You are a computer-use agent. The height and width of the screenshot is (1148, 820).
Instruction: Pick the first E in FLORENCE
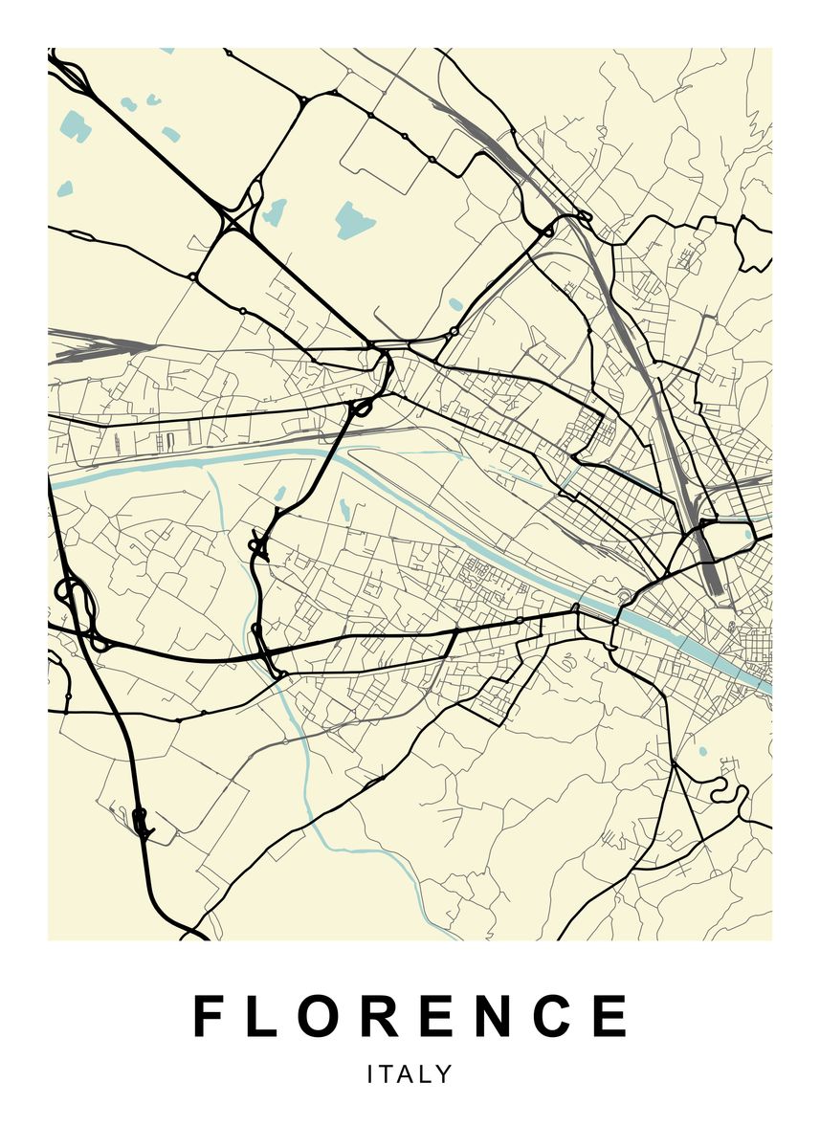click(440, 1016)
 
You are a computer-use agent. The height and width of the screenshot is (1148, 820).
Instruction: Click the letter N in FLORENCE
click(499, 1016)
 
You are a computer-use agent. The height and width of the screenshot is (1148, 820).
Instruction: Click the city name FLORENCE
click(410, 1016)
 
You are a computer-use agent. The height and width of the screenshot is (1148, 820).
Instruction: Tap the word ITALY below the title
click(410, 1074)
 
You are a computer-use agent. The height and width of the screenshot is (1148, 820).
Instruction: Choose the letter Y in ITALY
click(444, 1074)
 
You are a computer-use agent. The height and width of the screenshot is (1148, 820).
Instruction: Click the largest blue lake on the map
click(354, 221)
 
